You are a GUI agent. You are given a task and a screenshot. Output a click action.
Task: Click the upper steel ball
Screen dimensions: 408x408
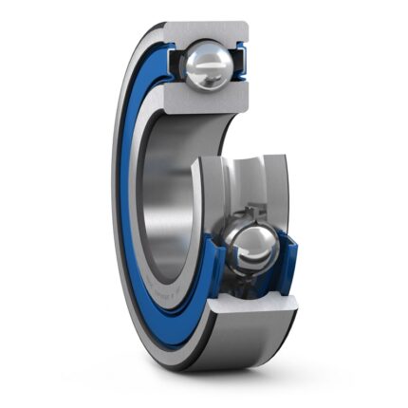(x=208, y=66)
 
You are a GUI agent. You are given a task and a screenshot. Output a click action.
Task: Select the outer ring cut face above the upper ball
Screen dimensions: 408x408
(x=208, y=31)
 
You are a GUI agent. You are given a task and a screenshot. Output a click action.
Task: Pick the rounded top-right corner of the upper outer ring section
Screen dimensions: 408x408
(x=245, y=26)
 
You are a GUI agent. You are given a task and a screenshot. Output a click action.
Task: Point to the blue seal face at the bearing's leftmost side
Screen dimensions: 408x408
(x=121, y=190)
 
